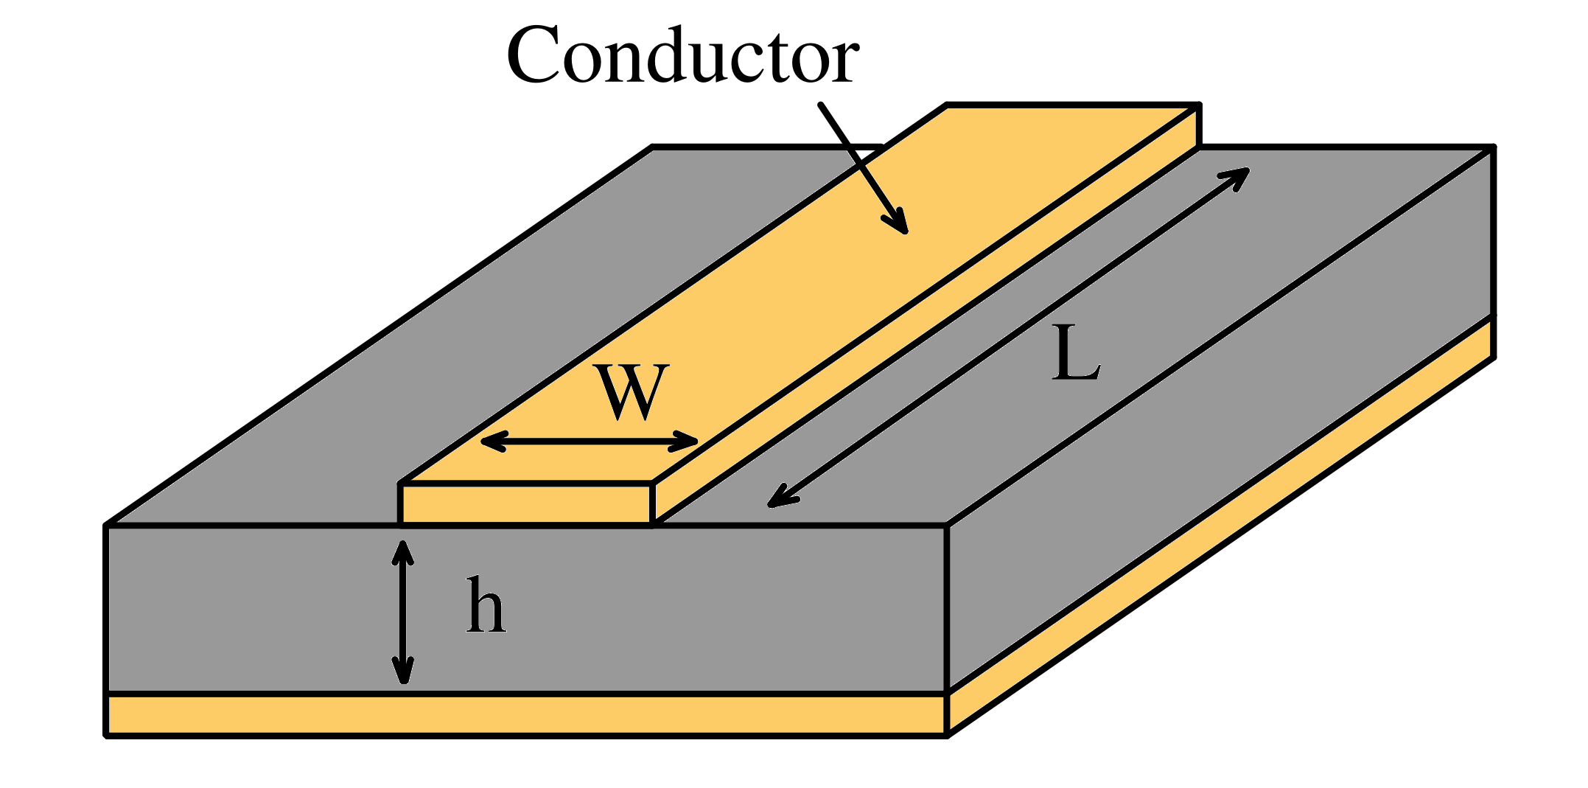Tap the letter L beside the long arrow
1074,356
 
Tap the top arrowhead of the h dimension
402,550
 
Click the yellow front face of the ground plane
526,714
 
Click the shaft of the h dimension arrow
402,612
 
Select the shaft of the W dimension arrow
590,442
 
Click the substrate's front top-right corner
946,526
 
